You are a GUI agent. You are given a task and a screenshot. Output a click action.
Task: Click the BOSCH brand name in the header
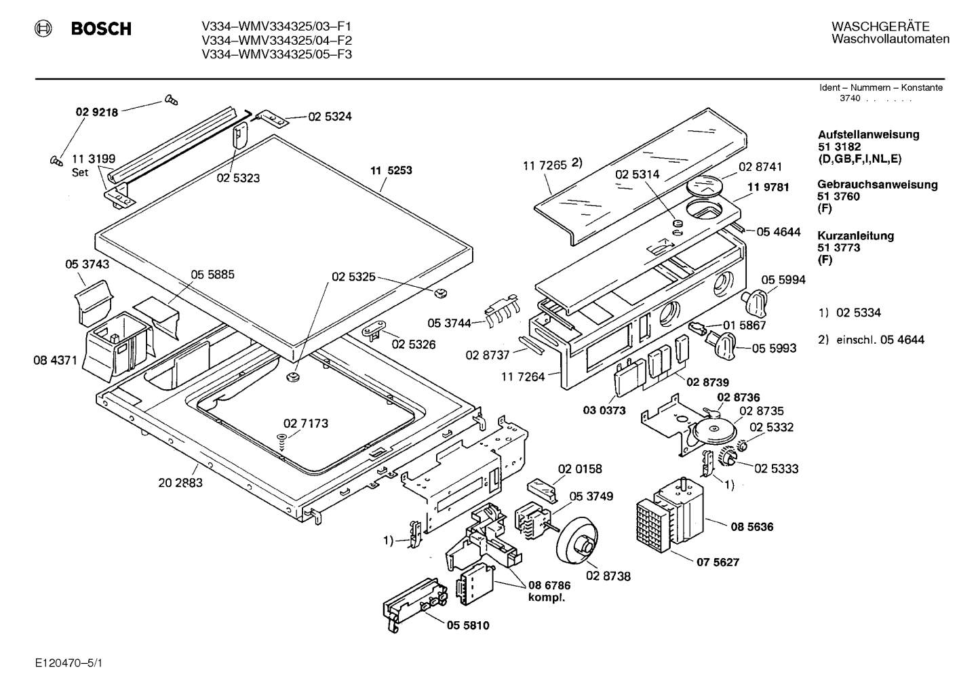[101, 28]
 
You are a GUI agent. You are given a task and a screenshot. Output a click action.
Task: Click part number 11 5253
[391, 170]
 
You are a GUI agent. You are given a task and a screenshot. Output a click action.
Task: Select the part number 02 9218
[97, 112]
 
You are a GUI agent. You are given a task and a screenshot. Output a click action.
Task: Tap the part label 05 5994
[783, 280]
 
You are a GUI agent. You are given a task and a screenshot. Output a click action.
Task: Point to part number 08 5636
[752, 527]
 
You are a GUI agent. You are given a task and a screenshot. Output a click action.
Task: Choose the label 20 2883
[180, 483]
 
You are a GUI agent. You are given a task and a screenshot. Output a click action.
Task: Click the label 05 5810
[468, 625]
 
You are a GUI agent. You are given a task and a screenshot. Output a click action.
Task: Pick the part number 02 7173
[306, 423]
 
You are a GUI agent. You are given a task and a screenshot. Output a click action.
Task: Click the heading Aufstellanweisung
[868, 134]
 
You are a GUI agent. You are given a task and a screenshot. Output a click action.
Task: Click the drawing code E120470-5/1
[69, 663]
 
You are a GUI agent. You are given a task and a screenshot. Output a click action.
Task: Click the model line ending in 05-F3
[277, 54]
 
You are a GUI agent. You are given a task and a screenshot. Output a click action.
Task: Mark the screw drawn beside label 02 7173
[282, 441]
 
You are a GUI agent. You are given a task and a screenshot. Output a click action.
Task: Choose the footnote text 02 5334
[859, 313]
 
